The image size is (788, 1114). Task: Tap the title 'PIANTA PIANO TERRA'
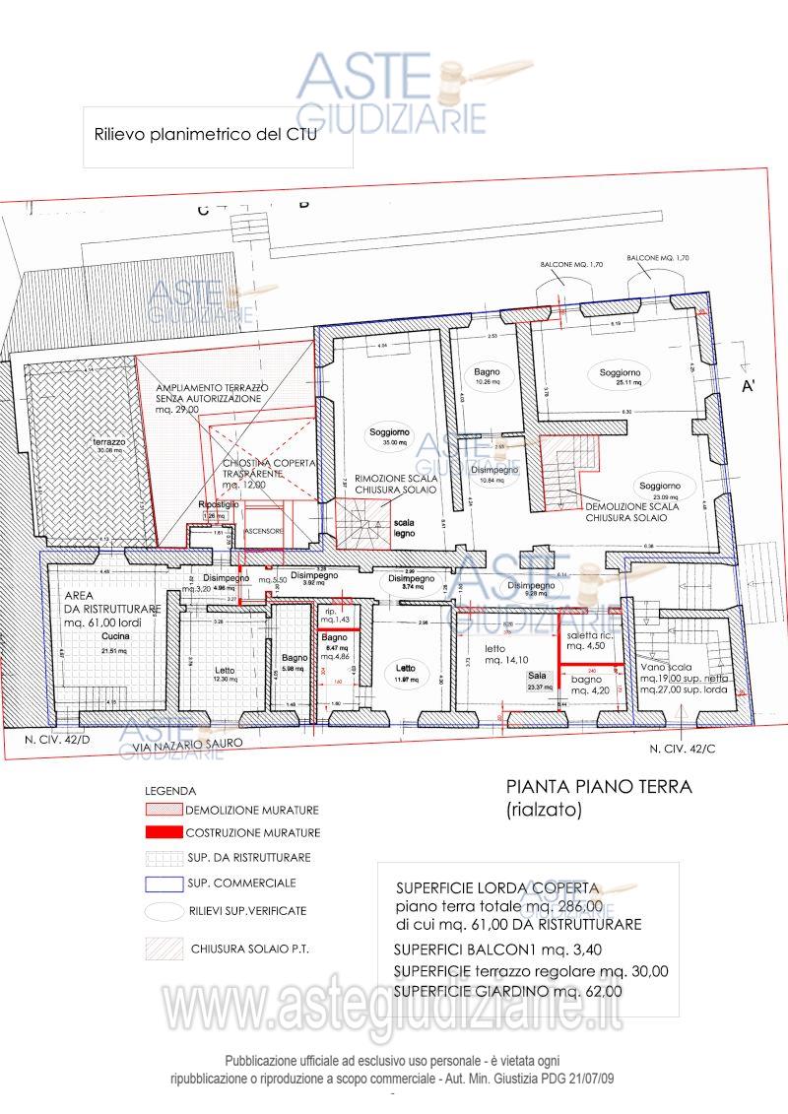click(x=599, y=787)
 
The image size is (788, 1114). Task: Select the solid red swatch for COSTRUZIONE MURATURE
click(x=164, y=832)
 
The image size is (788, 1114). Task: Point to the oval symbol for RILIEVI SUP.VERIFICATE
click(x=164, y=911)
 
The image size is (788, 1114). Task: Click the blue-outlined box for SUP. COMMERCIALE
click(x=164, y=883)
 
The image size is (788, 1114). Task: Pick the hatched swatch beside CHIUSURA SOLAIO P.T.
click(x=164, y=950)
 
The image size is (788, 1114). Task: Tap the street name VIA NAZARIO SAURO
click(x=186, y=745)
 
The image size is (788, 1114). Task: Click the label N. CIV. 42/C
click(x=684, y=749)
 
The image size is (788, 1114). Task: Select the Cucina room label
click(x=113, y=637)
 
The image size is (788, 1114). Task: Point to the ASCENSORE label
click(x=264, y=531)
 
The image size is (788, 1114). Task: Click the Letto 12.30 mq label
click(x=226, y=674)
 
